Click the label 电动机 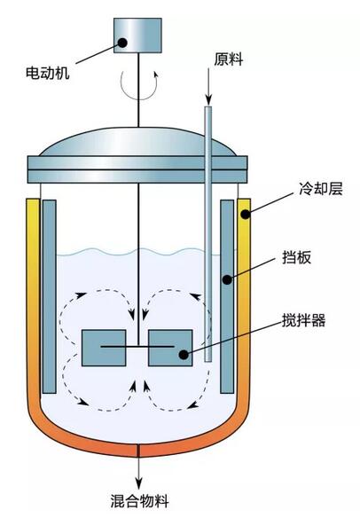pyautogui.click(x=48, y=73)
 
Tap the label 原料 pyautogui.click(x=228, y=59)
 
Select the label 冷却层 pyautogui.click(x=321, y=189)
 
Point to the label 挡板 pyautogui.click(x=296, y=258)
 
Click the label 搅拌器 pyautogui.click(x=303, y=320)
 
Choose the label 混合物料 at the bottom pyautogui.click(x=140, y=500)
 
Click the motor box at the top pyautogui.click(x=137, y=35)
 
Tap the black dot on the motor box pyautogui.click(x=122, y=43)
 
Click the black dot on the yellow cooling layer pyautogui.click(x=245, y=214)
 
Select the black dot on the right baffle pyautogui.click(x=228, y=279)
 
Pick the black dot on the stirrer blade pyautogui.click(x=184, y=355)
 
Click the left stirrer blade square pyautogui.click(x=104, y=348)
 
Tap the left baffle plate pyautogui.click(x=49, y=296)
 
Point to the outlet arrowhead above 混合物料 pyautogui.click(x=138, y=483)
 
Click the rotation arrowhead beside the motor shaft pyautogui.click(x=156, y=73)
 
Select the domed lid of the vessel pyautogui.click(x=137, y=142)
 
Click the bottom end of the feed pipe pyautogui.click(x=208, y=361)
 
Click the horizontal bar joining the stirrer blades pyautogui.click(x=137, y=347)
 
